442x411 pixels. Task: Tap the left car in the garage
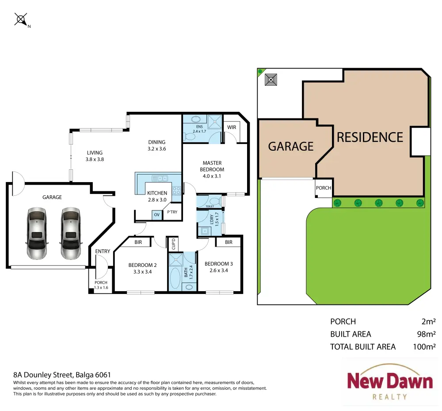37,233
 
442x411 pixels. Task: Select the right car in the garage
71,233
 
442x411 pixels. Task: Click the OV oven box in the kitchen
157,215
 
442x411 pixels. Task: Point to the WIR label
232,127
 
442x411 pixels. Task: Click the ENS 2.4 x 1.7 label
199,129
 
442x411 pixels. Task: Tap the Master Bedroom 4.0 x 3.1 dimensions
212,176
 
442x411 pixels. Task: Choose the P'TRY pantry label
172,212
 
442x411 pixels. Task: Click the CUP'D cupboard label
173,244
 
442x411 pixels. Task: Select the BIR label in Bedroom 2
138,242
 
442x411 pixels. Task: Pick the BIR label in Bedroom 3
229,242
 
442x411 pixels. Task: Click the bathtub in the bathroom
175,278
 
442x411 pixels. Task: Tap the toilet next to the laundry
214,201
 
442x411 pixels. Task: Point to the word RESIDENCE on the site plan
370,137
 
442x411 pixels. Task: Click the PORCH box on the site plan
324,188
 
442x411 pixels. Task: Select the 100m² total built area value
424,346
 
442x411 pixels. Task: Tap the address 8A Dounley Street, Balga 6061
62,375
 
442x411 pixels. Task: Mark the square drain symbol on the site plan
271,80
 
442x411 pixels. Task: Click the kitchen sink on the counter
160,179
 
